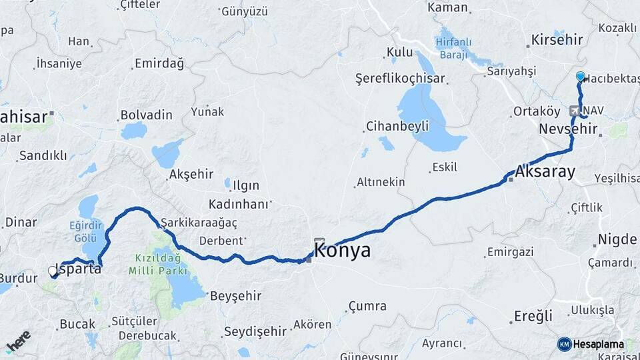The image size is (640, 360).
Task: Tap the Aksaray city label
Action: tap(545, 172)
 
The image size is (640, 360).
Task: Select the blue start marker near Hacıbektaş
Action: tap(580, 77)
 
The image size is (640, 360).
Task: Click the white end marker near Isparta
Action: tap(53, 271)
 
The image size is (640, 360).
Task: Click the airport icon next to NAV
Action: tap(575, 110)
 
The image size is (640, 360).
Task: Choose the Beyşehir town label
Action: tap(233, 296)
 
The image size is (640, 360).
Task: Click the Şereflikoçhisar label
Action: tap(400, 78)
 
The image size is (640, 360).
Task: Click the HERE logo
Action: tap(18, 341)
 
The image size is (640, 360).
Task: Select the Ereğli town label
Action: tap(533, 316)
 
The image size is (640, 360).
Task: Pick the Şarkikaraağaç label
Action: tap(199, 222)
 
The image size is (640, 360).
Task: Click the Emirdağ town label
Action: tap(159, 63)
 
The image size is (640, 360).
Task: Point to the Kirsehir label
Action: tap(557, 40)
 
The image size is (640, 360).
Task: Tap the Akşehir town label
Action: tap(191, 174)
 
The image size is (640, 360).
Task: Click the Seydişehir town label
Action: tap(255, 331)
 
